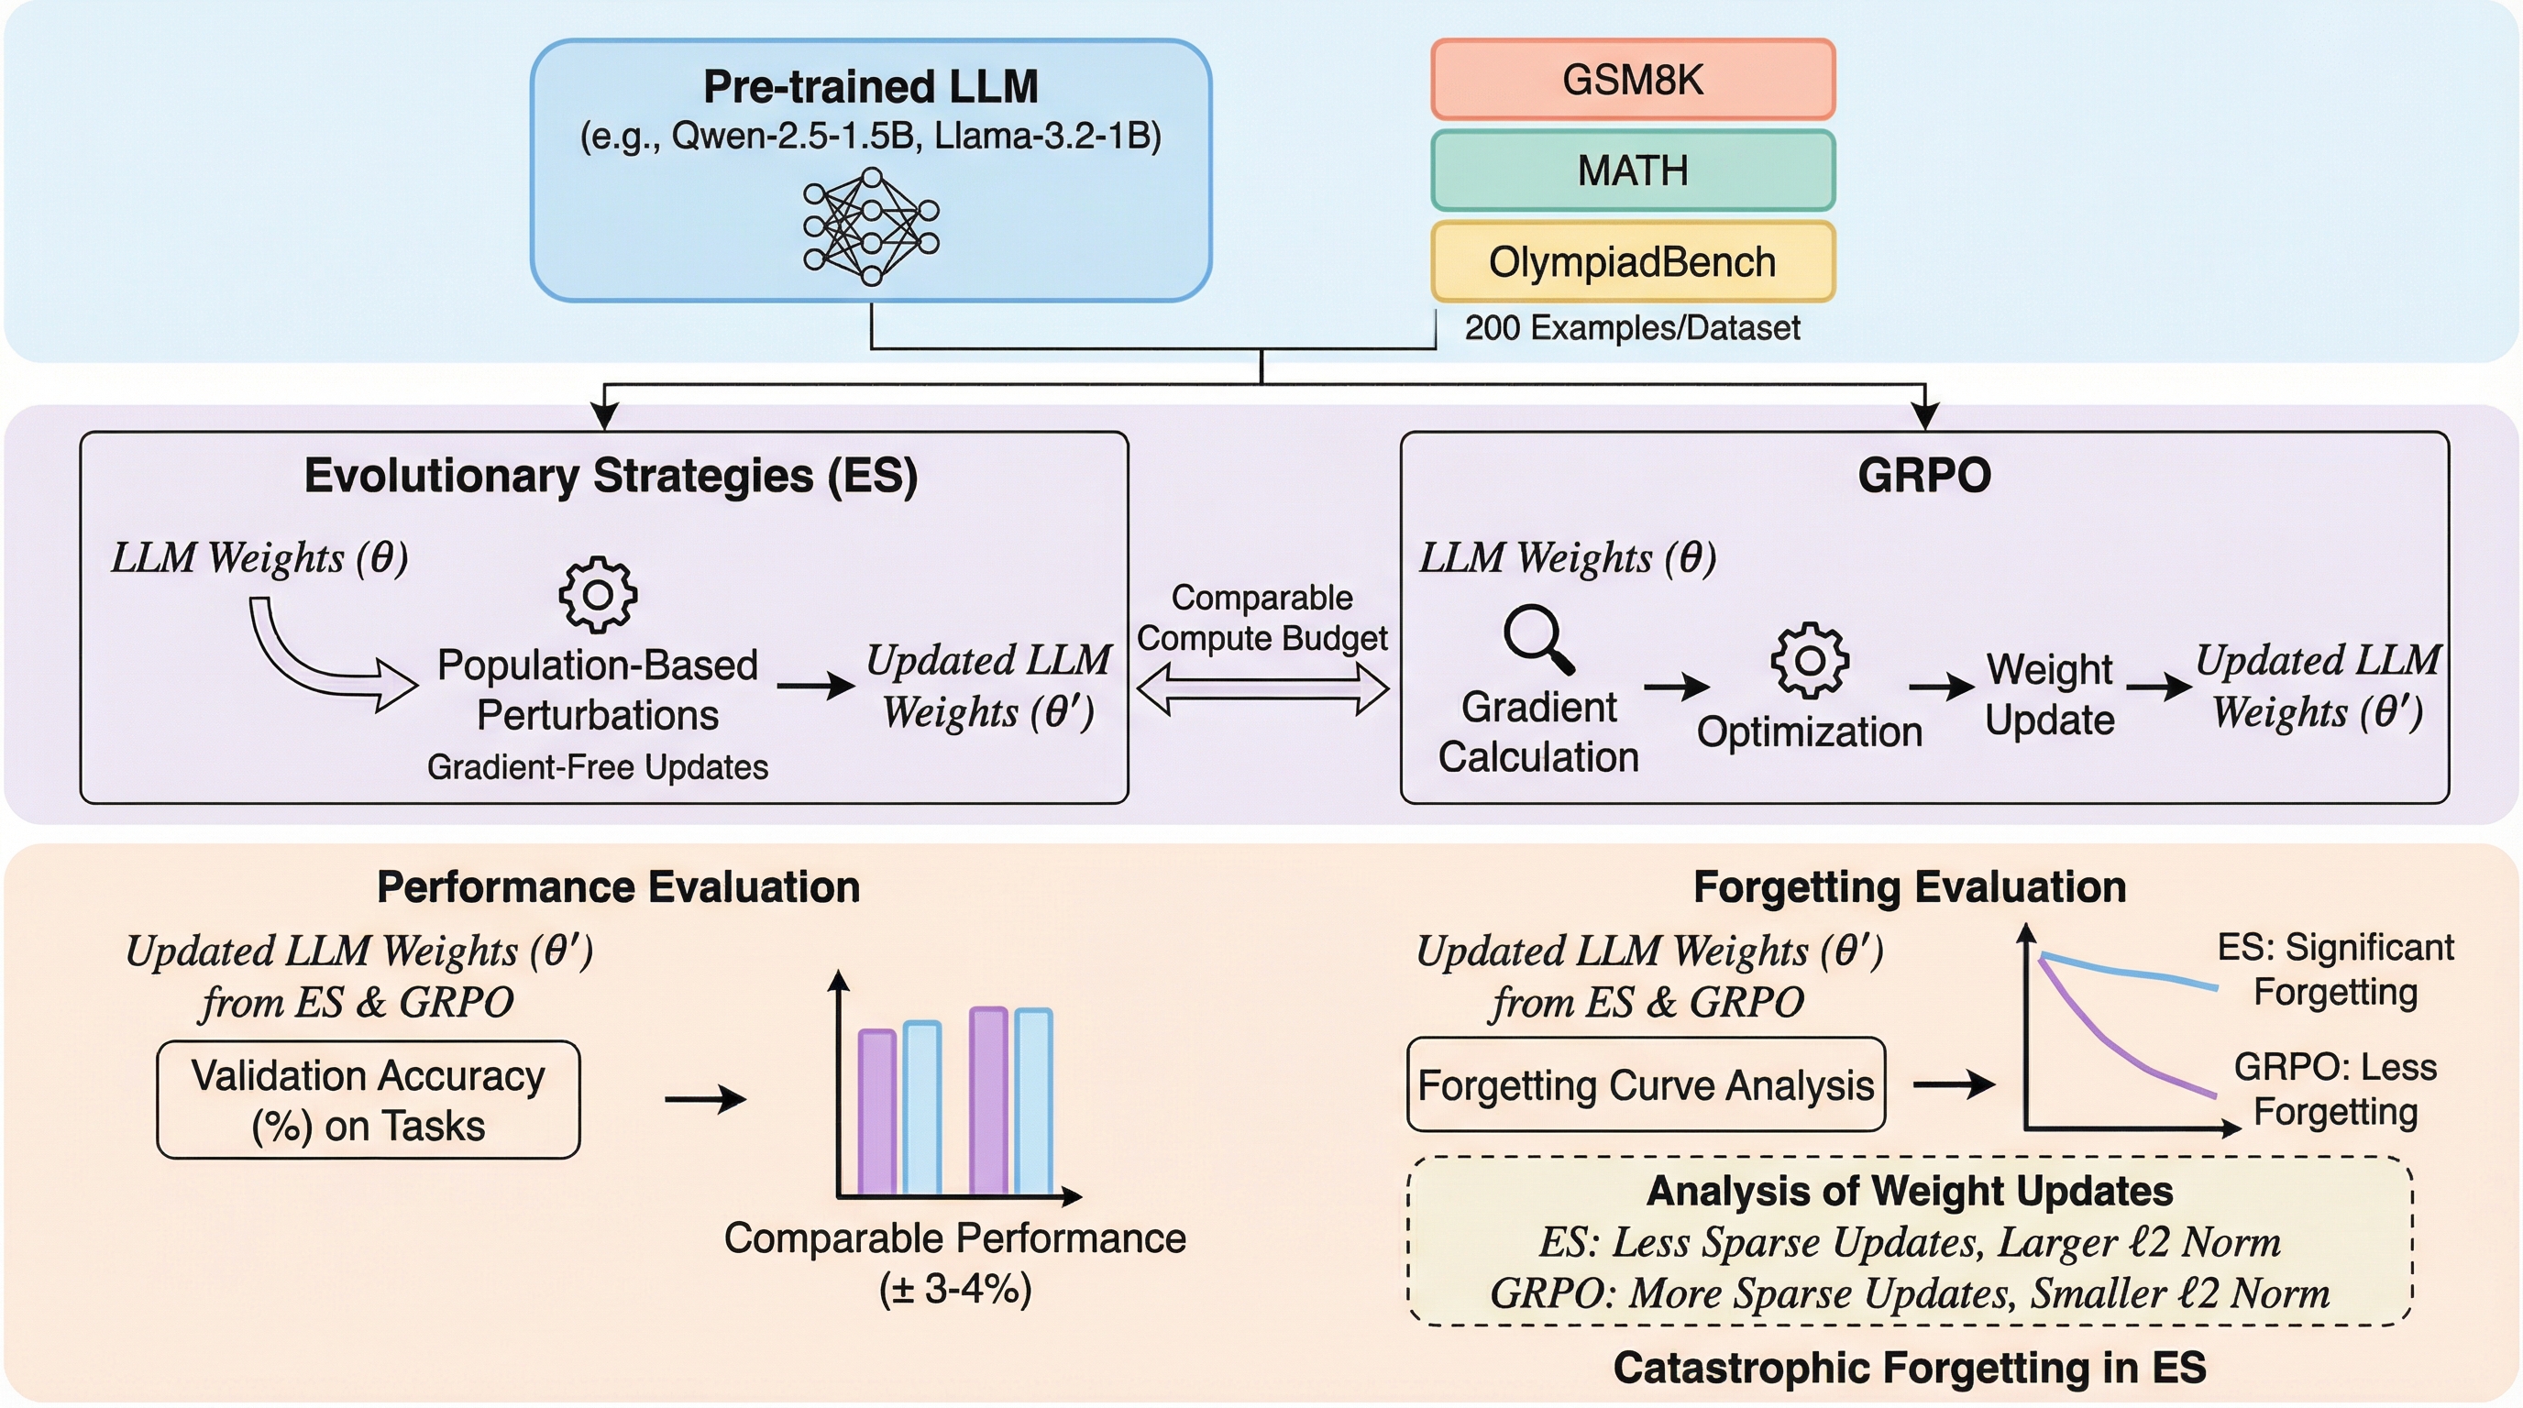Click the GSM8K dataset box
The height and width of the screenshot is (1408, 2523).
(1632, 80)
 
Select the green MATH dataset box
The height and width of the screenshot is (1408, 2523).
(1632, 170)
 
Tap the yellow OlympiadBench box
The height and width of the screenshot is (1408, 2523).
(1632, 261)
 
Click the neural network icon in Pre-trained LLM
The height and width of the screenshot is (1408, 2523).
(871, 226)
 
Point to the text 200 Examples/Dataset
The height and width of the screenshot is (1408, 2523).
(1632, 328)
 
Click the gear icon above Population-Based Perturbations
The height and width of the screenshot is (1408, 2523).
(598, 594)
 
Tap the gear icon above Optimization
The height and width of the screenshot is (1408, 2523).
(1809, 661)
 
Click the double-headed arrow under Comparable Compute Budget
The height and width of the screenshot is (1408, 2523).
(1262, 689)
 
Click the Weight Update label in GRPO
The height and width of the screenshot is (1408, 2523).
(2049, 694)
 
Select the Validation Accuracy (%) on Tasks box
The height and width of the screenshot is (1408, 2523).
(369, 1100)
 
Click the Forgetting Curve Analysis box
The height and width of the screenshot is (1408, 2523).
(1646, 1085)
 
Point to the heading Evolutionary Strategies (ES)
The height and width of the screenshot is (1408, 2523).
(611, 476)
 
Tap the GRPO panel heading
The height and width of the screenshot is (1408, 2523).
(1923, 476)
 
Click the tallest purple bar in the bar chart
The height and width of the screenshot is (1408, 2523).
(988, 1101)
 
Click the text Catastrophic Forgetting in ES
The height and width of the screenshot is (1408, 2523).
(1909, 1368)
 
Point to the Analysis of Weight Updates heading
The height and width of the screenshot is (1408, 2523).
(1909, 1192)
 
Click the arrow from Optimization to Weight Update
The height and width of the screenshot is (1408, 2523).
(1941, 687)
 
